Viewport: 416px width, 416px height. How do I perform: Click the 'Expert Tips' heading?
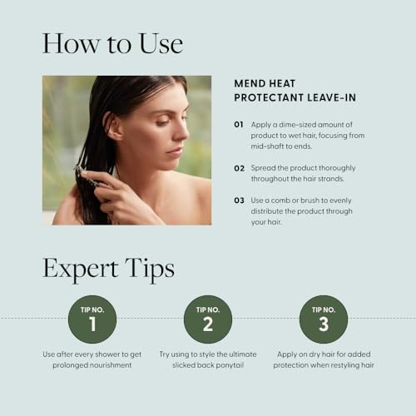click(108, 269)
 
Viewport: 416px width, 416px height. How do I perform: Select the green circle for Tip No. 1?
click(92, 319)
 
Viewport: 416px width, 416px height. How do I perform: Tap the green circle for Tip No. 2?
click(208, 319)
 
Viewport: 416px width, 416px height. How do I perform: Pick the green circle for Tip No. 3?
click(324, 319)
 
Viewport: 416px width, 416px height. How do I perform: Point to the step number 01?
click(239, 124)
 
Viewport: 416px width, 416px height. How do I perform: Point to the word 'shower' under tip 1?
click(112, 354)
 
